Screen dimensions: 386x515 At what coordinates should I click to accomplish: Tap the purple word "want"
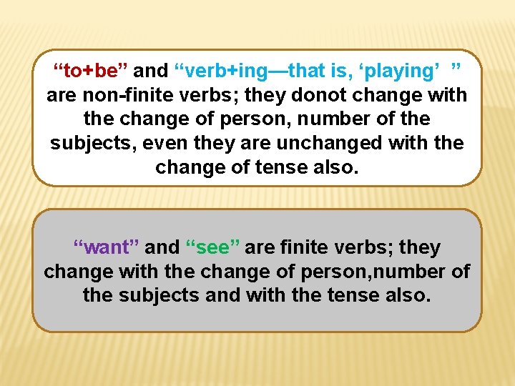pyautogui.click(x=107, y=248)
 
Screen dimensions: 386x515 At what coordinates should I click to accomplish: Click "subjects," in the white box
pyautogui.click(x=94, y=143)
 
